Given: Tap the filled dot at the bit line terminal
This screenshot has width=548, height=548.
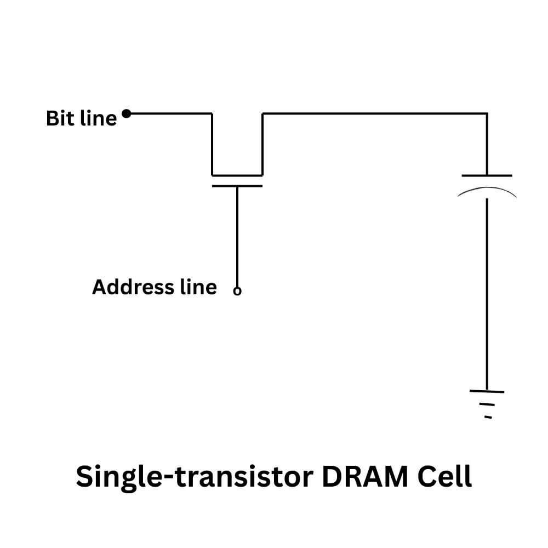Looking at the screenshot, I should click(126, 114).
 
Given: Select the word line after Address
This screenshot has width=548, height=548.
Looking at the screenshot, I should click(198, 287).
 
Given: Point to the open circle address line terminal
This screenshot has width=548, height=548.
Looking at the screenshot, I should click(237, 292).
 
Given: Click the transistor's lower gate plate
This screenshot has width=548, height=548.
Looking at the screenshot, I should click(237, 186).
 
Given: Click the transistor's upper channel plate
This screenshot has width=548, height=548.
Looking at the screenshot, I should click(237, 175).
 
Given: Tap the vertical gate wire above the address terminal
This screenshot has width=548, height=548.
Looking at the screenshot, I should click(237, 236).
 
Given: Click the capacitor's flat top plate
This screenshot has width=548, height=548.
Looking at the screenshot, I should click(487, 175).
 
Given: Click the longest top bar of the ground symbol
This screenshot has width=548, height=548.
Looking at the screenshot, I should click(486, 391).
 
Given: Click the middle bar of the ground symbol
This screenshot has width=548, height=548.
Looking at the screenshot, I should click(487, 404).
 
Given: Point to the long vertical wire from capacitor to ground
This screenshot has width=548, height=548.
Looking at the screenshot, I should click(486, 290).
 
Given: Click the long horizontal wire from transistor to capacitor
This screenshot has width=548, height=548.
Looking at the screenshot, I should click(373, 113).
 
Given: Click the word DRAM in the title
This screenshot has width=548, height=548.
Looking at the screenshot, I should click(365, 476).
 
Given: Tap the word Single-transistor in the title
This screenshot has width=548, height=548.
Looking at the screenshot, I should click(195, 477).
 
